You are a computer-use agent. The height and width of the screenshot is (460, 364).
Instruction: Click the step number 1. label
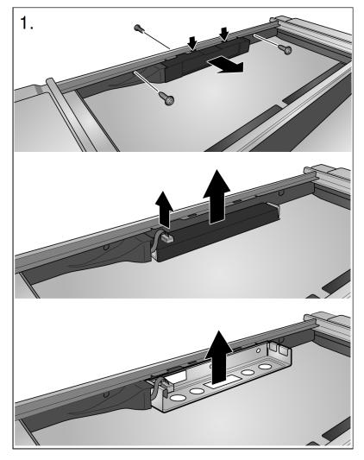tap(27, 23)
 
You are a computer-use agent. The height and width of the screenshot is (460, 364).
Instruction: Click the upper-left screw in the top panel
tap(138, 28)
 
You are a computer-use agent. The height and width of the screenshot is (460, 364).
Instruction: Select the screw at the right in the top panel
tap(286, 49)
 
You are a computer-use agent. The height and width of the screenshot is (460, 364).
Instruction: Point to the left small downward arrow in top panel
tap(192, 43)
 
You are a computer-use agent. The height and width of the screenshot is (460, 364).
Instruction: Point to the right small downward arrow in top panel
tap(224, 34)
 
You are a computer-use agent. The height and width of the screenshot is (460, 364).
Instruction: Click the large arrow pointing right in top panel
tap(225, 65)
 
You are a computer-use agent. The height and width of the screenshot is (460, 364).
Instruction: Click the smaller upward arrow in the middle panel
tap(164, 209)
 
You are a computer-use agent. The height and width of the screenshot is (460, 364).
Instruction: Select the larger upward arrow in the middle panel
tap(217, 196)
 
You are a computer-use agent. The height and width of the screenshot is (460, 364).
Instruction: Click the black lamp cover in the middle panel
tap(217, 232)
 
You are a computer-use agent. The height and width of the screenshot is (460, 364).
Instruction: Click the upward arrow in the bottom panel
tap(219, 356)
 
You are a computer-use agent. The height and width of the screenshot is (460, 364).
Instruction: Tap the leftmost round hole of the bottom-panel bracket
tap(176, 398)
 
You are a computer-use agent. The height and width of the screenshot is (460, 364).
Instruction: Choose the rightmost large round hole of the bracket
tap(265, 367)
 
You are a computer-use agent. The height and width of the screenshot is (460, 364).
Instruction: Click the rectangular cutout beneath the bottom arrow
tap(223, 381)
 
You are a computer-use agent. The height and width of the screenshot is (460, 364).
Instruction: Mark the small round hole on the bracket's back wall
tap(258, 350)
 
